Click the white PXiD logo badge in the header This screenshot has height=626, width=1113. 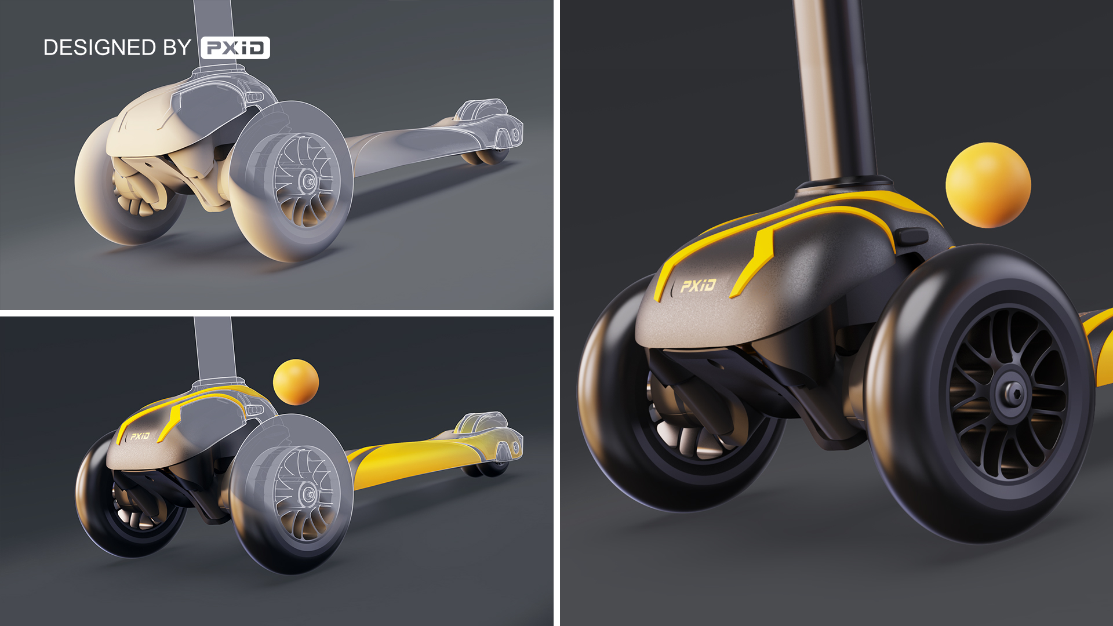pos(235,48)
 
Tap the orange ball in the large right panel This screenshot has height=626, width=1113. pos(988,185)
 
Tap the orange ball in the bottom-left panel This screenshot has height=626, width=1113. pos(296,382)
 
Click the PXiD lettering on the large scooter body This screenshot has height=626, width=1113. pos(698,285)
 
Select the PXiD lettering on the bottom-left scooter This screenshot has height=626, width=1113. pos(140,436)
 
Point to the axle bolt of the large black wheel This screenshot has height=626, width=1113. pos(1013,394)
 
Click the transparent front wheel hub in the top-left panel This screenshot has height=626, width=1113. pos(307,181)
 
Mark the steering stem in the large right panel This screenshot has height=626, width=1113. pos(835,87)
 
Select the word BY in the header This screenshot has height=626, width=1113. pos(177,48)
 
